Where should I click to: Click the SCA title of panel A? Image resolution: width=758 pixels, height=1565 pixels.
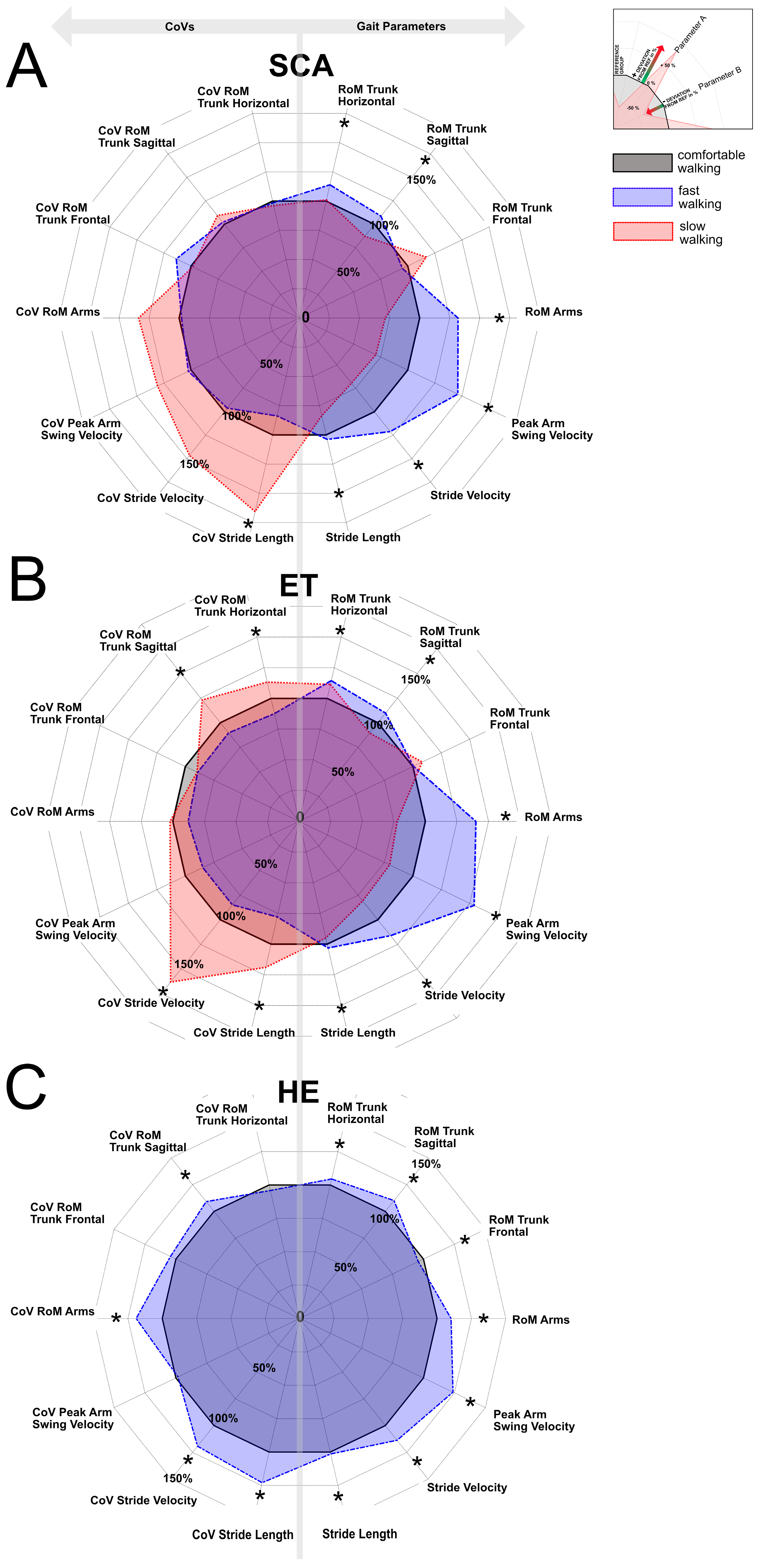[301, 66]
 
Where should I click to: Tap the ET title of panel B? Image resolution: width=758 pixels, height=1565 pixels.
[298, 586]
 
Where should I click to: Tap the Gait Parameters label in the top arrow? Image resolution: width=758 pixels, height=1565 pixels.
[401, 26]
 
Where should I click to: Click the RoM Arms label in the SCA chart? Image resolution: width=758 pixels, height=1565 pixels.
[553, 312]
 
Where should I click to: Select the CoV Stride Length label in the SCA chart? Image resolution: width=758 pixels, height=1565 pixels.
[242, 538]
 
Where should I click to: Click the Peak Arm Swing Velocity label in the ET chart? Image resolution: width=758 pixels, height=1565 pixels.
[546, 929]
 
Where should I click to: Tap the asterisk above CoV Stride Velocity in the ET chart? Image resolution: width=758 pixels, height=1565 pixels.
[163, 992]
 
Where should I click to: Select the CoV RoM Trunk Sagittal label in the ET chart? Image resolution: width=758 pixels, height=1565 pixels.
[138, 640]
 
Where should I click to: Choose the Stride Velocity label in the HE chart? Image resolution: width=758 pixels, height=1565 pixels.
[467, 1487]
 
